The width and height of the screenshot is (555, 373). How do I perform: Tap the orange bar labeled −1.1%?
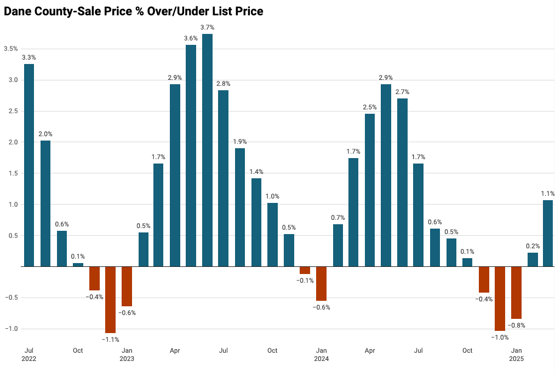click(110, 300)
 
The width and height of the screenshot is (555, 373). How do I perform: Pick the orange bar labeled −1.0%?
click(500, 299)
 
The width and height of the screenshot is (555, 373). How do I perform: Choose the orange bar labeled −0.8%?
click(516, 293)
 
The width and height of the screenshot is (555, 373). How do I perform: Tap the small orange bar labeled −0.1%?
click(305, 270)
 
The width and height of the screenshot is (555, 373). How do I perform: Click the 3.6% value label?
click(191, 38)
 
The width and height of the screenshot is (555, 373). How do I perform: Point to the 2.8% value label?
click(224, 84)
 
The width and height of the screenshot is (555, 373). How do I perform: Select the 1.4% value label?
click(256, 172)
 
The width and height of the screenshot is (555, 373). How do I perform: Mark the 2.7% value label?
click(402, 92)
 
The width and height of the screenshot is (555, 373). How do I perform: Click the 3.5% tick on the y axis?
click(11, 49)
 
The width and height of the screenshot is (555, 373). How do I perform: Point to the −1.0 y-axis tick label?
click(11, 329)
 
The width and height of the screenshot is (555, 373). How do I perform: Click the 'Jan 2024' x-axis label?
click(322, 354)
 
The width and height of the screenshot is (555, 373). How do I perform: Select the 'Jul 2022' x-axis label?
click(29, 354)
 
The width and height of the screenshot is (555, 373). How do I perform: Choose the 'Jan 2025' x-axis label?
click(516, 354)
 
